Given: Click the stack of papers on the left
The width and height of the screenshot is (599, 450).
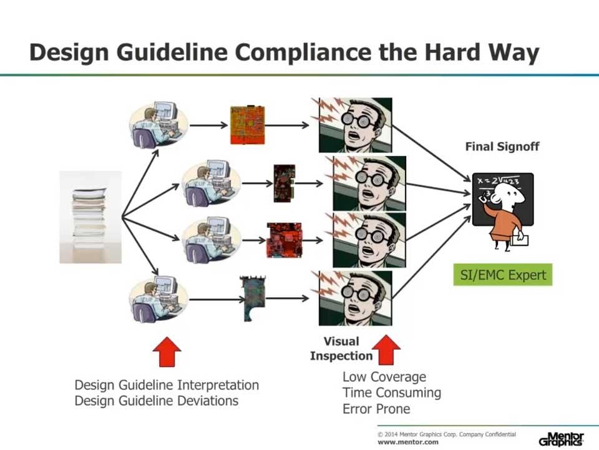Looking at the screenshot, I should point(90,217).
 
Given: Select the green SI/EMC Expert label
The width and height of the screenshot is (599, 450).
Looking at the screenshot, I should point(502,275).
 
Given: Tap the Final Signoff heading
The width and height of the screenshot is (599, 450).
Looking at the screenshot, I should point(502,147).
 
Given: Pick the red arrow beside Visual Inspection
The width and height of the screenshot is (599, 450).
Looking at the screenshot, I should point(388,350).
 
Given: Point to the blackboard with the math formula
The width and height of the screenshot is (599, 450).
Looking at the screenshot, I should point(502,198).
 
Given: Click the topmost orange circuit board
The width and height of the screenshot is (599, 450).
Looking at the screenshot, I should point(247,125).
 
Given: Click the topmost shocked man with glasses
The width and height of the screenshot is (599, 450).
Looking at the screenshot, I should point(355,125).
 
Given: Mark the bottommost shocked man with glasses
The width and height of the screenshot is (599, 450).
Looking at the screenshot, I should point(355,298).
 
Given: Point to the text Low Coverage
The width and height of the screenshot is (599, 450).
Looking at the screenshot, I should point(384,377).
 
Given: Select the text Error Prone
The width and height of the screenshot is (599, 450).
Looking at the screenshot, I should point(376,409).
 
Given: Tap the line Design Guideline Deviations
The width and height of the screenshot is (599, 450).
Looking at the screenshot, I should point(156,401).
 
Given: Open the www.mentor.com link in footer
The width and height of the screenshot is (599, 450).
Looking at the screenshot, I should point(408,442).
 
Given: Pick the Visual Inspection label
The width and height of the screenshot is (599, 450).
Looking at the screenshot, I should point(341,349).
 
